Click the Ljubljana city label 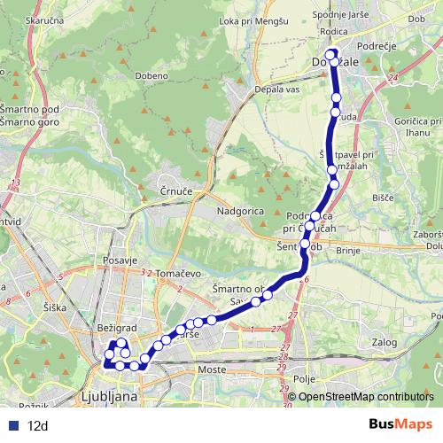108,396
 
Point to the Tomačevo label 181,274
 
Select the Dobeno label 152,75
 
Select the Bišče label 383,198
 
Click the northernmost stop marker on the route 331,55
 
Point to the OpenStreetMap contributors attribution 365,397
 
